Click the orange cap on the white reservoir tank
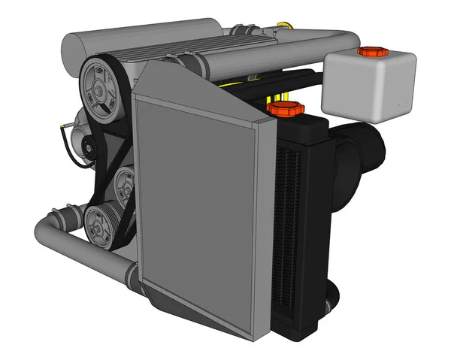click(x=371, y=52)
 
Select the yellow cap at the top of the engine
click(x=283, y=28)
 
